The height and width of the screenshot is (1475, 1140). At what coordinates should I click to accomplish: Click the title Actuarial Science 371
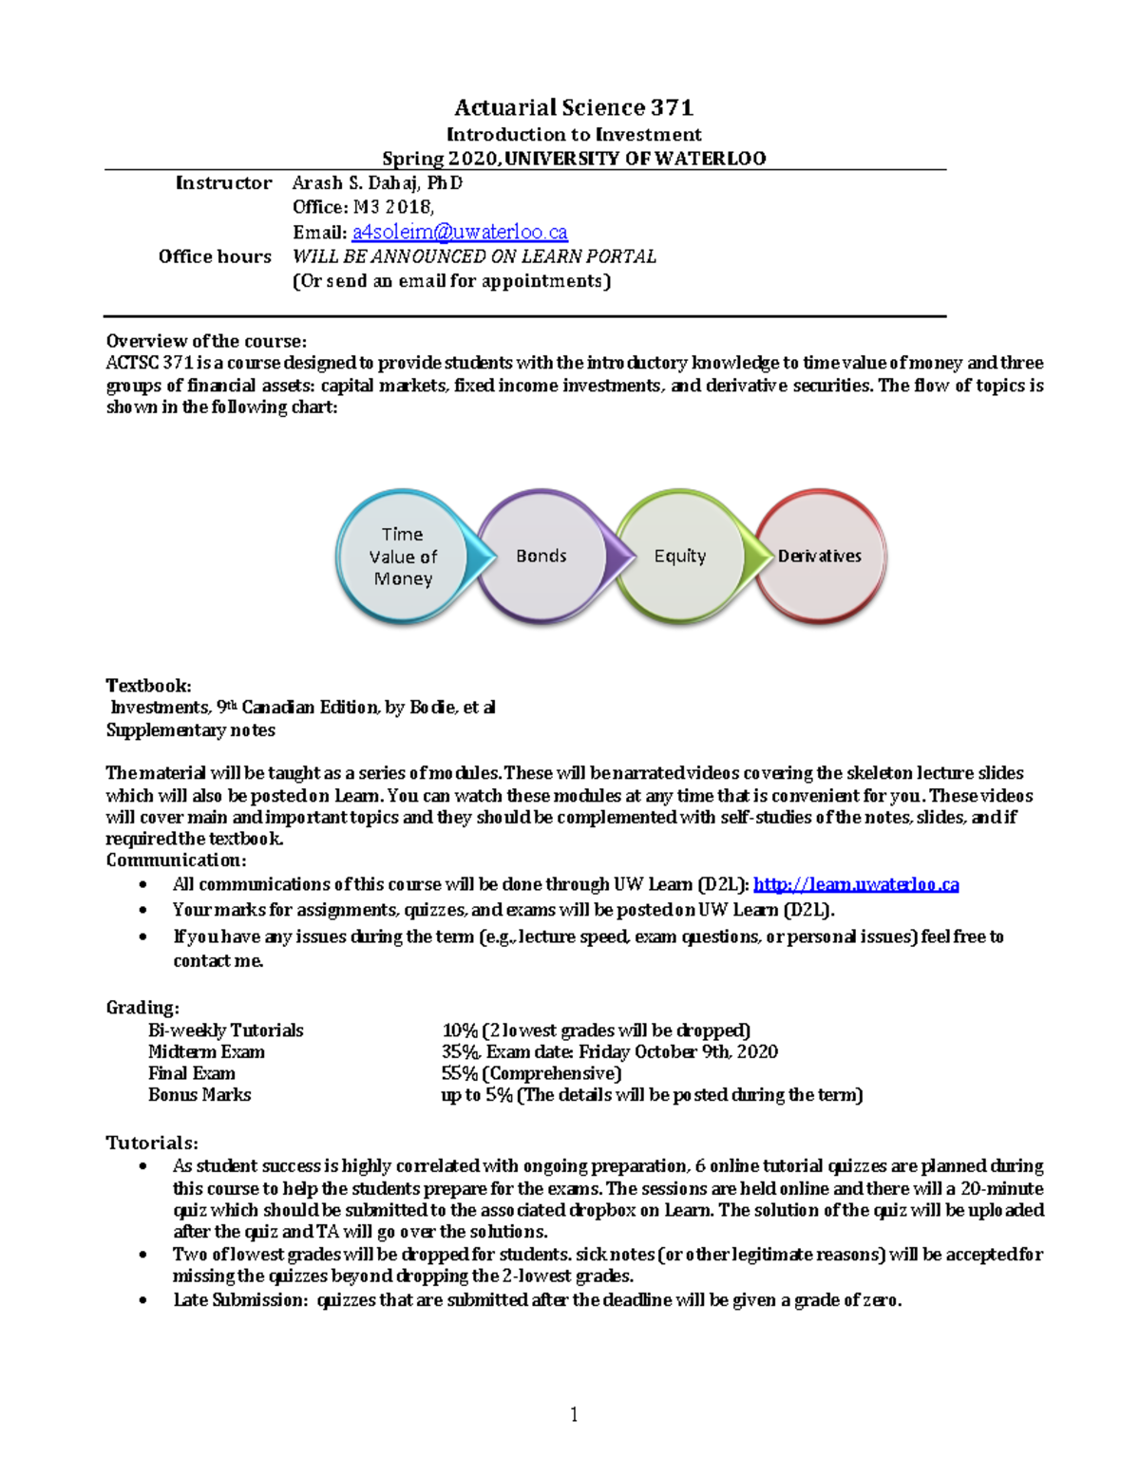574,107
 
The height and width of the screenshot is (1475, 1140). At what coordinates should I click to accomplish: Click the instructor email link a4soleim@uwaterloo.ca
460,232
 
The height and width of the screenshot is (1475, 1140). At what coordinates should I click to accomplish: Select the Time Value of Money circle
403,557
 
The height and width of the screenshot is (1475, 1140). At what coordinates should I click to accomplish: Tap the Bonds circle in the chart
541,557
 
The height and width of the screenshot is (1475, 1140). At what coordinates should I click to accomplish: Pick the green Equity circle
680,557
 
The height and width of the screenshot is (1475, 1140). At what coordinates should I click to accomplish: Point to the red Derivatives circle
820,557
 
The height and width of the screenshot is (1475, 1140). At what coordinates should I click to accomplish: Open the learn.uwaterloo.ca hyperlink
856,884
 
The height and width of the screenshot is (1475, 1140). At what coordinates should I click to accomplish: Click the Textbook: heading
148,685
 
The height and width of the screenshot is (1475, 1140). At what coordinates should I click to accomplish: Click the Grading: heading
142,1007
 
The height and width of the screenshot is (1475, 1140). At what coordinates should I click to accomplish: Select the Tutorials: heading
152,1143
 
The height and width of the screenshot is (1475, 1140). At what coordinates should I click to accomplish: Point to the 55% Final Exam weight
460,1073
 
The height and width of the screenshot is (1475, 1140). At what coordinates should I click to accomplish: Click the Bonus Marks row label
199,1095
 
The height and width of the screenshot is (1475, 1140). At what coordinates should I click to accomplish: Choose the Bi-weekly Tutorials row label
225,1031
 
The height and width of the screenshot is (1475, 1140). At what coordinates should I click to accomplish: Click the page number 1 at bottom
574,1415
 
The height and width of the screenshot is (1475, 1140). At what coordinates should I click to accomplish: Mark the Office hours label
215,256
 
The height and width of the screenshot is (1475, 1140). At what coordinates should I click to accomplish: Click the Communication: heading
176,860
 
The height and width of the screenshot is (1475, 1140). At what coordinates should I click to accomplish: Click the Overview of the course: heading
206,341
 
